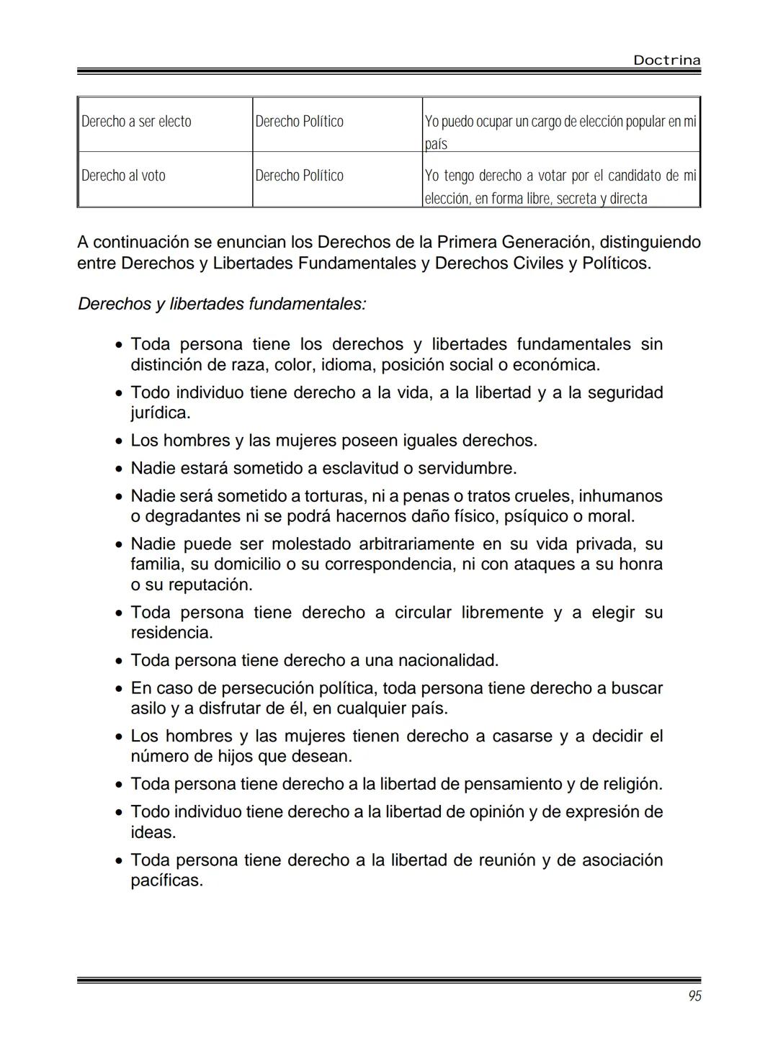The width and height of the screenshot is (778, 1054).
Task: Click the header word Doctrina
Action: click(x=666, y=60)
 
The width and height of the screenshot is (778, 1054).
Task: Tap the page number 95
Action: click(x=694, y=996)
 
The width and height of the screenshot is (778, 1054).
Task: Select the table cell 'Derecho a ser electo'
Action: click(x=137, y=122)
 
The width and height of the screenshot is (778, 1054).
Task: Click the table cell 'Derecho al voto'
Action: click(x=123, y=176)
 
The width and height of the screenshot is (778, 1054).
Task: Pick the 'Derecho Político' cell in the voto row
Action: click(x=299, y=176)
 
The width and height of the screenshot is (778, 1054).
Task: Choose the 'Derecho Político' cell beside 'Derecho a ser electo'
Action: click(x=299, y=122)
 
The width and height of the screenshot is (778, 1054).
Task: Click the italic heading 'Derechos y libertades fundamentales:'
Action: click(x=222, y=304)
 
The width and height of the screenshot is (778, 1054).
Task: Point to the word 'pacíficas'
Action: click(x=166, y=880)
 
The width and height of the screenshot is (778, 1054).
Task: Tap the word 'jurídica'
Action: click(x=160, y=413)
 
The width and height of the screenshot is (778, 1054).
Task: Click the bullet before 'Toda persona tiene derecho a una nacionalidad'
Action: click(x=119, y=661)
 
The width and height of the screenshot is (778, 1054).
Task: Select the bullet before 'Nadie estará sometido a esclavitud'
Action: click(x=119, y=469)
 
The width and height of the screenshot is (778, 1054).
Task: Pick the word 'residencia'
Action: click(x=171, y=633)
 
